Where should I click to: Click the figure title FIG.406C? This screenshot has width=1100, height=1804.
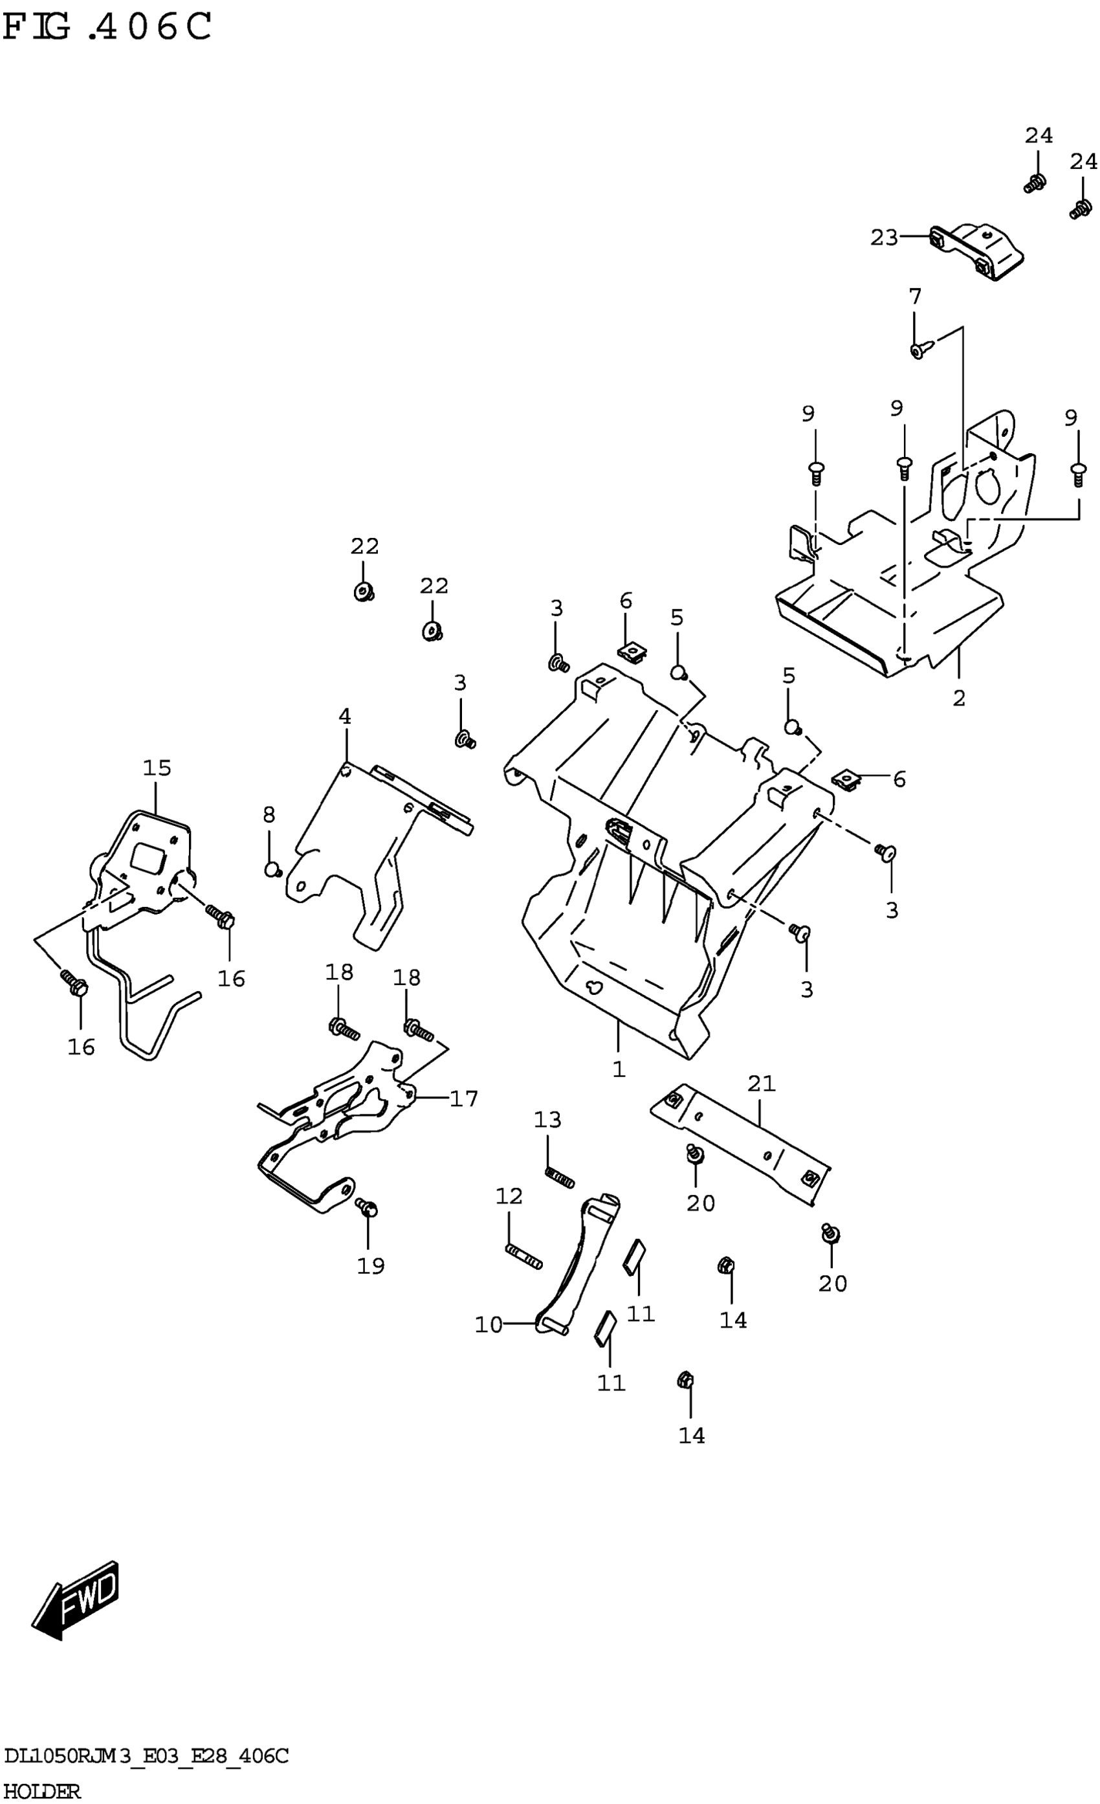tap(107, 28)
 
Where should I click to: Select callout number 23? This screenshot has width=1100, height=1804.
tap(883, 238)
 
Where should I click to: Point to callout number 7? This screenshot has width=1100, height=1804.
tap(915, 296)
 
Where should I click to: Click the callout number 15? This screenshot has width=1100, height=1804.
tap(157, 768)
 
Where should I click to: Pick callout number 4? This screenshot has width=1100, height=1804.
tap(345, 716)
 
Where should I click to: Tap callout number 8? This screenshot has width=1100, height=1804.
tap(269, 814)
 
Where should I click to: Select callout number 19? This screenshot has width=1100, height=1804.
tap(370, 1265)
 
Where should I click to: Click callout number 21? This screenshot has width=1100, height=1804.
tap(761, 1083)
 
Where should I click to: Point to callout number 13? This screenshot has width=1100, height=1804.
tap(547, 1119)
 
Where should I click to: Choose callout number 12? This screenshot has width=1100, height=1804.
tap(509, 1196)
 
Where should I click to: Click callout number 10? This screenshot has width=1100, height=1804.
tap(488, 1324)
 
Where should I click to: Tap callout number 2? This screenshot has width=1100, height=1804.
tap(959, 698)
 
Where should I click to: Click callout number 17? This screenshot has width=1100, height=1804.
tap(463, 1098)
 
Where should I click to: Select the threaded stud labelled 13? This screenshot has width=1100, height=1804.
tap(560, 1177)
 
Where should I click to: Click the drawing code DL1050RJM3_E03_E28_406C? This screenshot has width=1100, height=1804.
tap(146, 1755)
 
